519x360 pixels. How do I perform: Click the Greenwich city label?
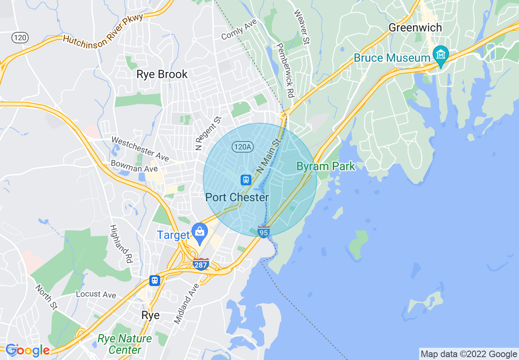click(415, 28)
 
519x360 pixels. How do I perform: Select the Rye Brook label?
click(162, 74)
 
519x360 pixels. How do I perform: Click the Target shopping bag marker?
click(199, 233)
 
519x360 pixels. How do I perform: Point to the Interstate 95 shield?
click(264, 232)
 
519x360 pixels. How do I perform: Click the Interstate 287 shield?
click(201, 264)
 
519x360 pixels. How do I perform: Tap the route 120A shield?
click(243, 146)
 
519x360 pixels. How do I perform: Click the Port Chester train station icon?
click(246, 180)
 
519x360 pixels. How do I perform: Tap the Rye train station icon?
click(154, 280)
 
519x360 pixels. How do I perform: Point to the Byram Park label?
click(326, 166)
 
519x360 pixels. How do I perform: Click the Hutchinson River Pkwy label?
click(103, 29)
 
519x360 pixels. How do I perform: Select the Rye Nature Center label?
click(125, 344)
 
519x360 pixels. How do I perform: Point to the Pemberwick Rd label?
click(285, 70)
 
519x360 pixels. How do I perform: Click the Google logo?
click(28, 350)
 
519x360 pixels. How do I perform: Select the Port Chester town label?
click(237, 198)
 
